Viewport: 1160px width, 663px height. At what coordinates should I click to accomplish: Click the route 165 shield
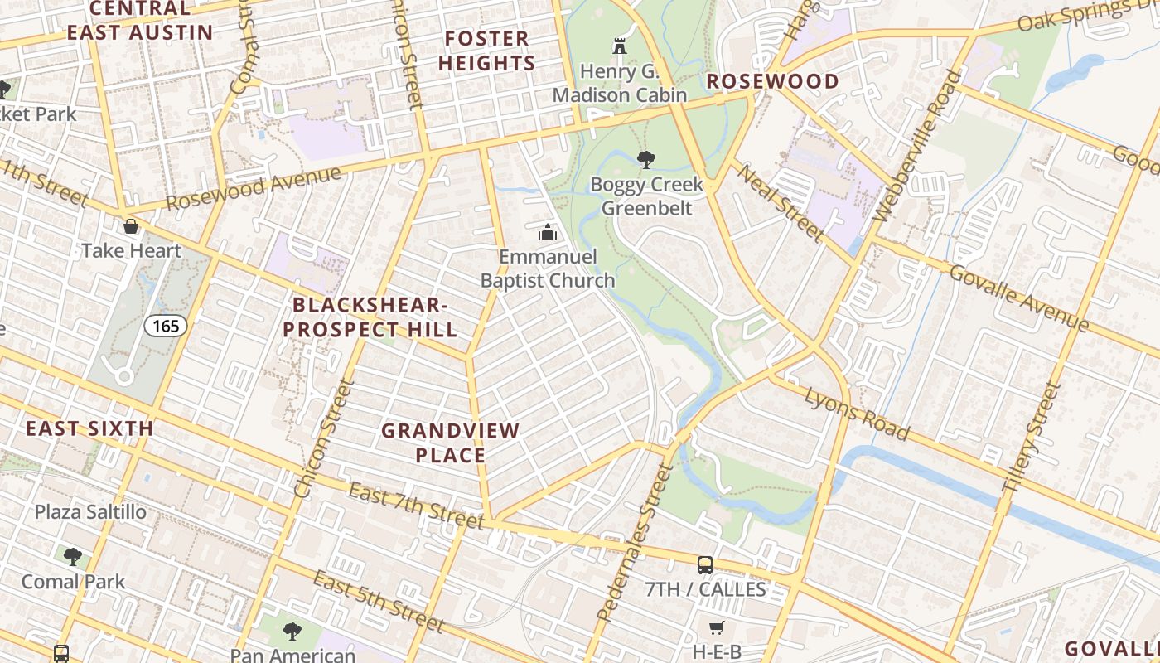[x=166, y=326]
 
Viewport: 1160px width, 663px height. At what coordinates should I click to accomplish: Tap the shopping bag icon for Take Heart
[x=131, y=226]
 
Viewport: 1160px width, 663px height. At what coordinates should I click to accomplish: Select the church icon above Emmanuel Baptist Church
[x=547, y=233]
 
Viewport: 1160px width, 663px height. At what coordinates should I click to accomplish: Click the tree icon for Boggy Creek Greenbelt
[x=645, y=159]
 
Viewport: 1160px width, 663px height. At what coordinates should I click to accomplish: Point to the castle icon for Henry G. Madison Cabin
[x=619, y=46]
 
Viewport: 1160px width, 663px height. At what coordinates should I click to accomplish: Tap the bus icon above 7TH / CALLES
[x=705, y=565]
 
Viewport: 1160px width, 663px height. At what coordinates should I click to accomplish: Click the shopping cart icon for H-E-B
[x=716, y=628]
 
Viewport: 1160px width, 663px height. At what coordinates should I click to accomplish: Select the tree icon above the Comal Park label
[x=73, y=556]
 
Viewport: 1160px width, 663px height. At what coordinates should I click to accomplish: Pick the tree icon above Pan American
[x=292, y=632]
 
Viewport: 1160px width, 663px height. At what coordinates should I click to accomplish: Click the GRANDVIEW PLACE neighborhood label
[x=450, y=443]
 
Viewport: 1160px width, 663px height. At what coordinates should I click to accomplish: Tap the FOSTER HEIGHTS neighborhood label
[x=486, y=51]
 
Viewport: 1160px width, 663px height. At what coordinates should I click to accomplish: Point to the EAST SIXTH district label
[x=89, y=428]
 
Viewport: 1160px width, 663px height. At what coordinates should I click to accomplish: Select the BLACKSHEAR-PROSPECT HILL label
[x=370, y=317]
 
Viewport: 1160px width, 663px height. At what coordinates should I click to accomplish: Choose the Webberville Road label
[x=917, y=147]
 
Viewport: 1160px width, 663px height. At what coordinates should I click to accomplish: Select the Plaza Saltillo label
[x=90, y=512]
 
